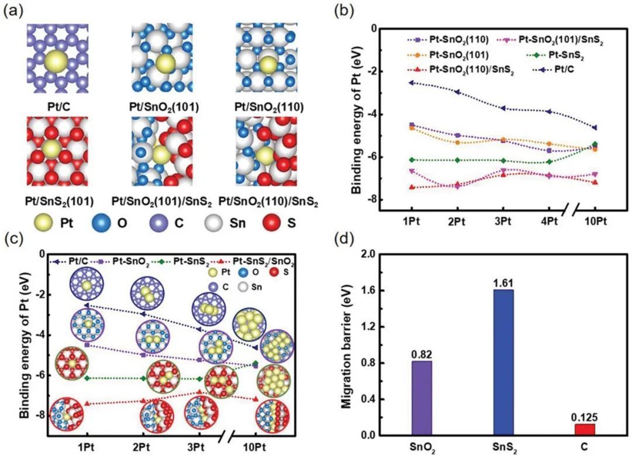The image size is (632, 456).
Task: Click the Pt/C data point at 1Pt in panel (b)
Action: [411, 82]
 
